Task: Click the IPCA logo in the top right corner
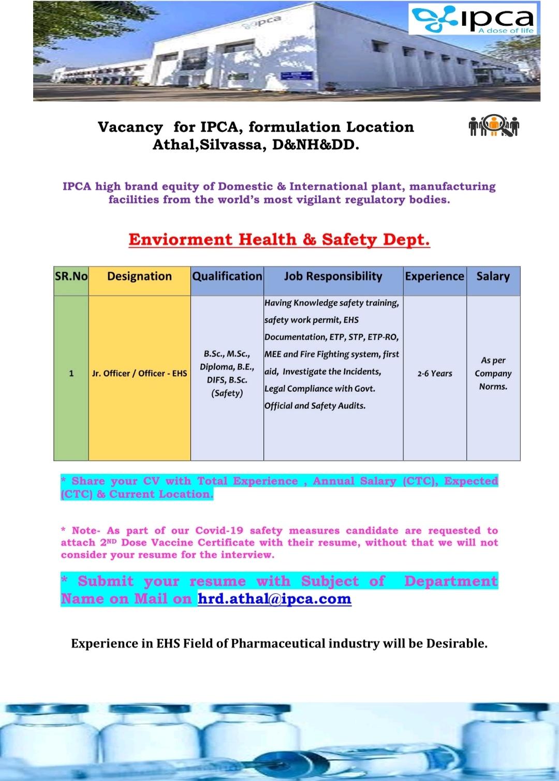(x=472, y=20)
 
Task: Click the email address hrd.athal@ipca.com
(x=274, y=599)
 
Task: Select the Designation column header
(x=139, y=277)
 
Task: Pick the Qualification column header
(x=227, y=277)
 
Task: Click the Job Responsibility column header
(x=333, y=277)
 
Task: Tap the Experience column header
(x=435, y=277)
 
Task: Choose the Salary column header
(x=493, y=277)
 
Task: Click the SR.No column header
(x=71, y=277)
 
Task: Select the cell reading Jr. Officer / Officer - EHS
(x=139, y=373)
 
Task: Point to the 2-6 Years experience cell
(x=435, y=373)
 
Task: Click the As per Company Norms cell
(x=493, y=373)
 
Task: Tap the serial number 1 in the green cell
(x=71, y=373)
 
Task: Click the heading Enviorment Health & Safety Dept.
(x=279, y=240)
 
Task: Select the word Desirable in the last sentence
(x=457, y=644)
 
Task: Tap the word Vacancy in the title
(x=130, y=127)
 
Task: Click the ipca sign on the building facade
(x=267, y=22)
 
